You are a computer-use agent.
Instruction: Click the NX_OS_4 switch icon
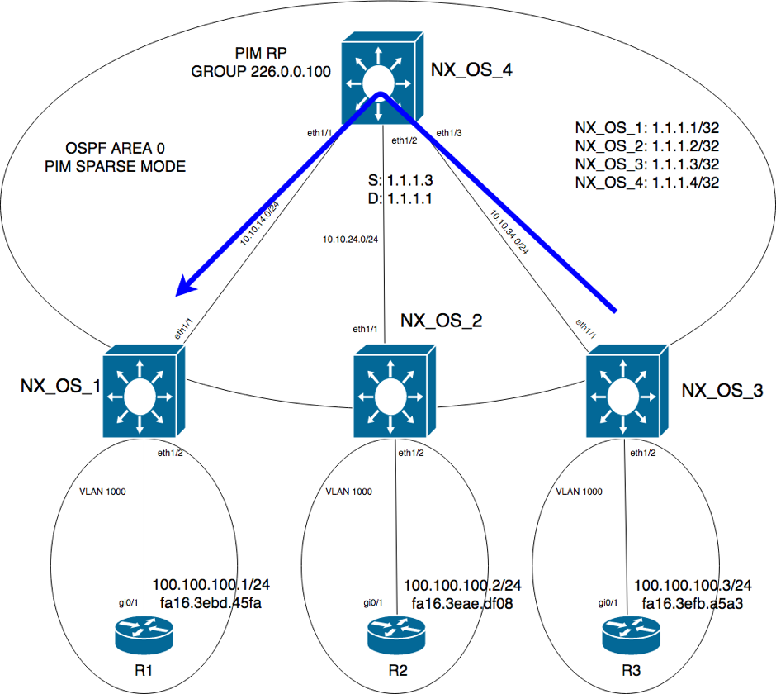[x=381, y=78]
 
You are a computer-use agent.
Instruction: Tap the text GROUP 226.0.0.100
[x=261, y=71]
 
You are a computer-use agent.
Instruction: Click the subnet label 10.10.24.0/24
[x=351, y=240]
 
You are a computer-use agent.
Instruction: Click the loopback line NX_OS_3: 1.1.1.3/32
[x=646, y=164]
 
